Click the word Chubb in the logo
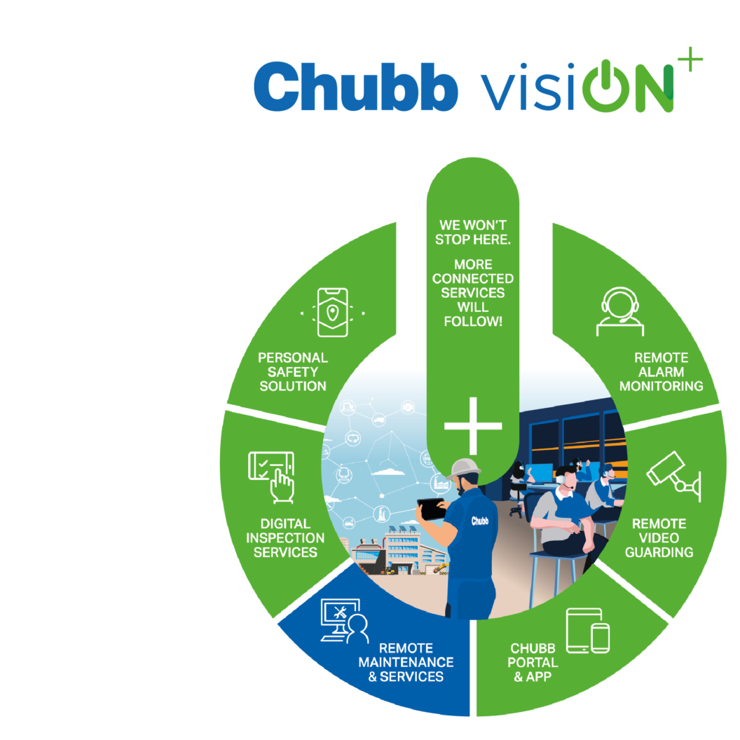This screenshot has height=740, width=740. click(x=356, y=86)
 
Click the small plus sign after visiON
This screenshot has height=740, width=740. click(x=690, y=60)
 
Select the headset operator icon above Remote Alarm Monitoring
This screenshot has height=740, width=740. click(x=620, y=311)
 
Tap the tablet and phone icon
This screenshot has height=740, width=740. click(x=587, y=631)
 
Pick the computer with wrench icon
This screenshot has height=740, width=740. click(x=344, y=621)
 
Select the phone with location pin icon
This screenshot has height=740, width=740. click(x=333, y=313)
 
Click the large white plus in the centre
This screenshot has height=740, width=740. click(x=473, y=425)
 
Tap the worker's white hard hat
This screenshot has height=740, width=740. click(x=464, y=469)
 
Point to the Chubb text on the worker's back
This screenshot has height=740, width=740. click(x=479, y=521)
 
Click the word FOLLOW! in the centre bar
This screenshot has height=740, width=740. click(x=473, y=322)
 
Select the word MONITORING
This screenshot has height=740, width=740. click(x=662, y=386)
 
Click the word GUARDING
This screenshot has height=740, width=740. click(x=659, y=552)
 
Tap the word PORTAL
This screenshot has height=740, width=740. click(x=533, y=662)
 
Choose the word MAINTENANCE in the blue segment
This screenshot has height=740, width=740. click(x=406, y=662)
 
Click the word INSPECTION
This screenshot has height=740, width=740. click(x=285, y=538)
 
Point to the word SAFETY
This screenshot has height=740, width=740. click(x=293, y=372)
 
